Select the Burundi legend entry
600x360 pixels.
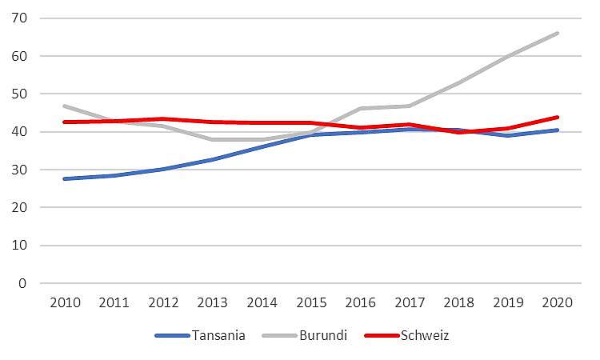click(323, 335)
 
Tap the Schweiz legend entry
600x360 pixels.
click(425, 335)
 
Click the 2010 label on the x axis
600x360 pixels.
click(64, 304)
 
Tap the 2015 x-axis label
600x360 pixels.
click(310, 304)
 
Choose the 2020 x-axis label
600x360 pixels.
click(557, 304)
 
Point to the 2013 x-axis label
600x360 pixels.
click(212, 304)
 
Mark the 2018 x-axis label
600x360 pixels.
click(458, 304)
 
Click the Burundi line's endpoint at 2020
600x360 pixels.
click(557, 34)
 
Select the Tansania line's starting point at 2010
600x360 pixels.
click(64, 178)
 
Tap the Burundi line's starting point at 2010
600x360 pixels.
click(64, 106)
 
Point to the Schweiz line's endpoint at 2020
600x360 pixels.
click(557, 118)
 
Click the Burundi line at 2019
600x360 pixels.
click(508, 56)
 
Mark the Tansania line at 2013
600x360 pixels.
click(212, 159)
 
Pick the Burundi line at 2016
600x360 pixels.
click(360, 109)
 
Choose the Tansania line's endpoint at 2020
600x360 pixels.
click(557, 130)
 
